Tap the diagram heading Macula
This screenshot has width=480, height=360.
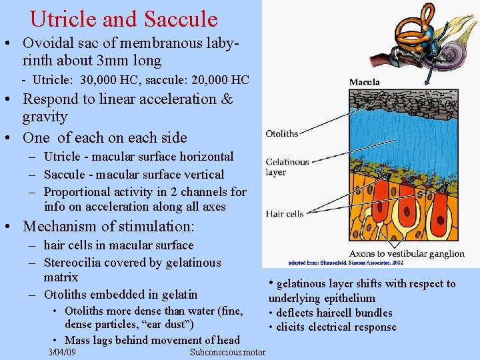pos(364,82)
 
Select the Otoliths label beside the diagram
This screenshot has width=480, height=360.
pos(281,133)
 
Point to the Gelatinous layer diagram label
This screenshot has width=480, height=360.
pos(287,167)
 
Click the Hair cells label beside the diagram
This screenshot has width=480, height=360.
pos(284,213)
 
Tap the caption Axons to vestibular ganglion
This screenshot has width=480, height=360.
pos(407,253)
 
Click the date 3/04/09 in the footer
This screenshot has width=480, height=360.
pos(62,352)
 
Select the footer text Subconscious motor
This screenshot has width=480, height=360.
pos(227,352)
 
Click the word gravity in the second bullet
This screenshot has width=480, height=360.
pos(45,117)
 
